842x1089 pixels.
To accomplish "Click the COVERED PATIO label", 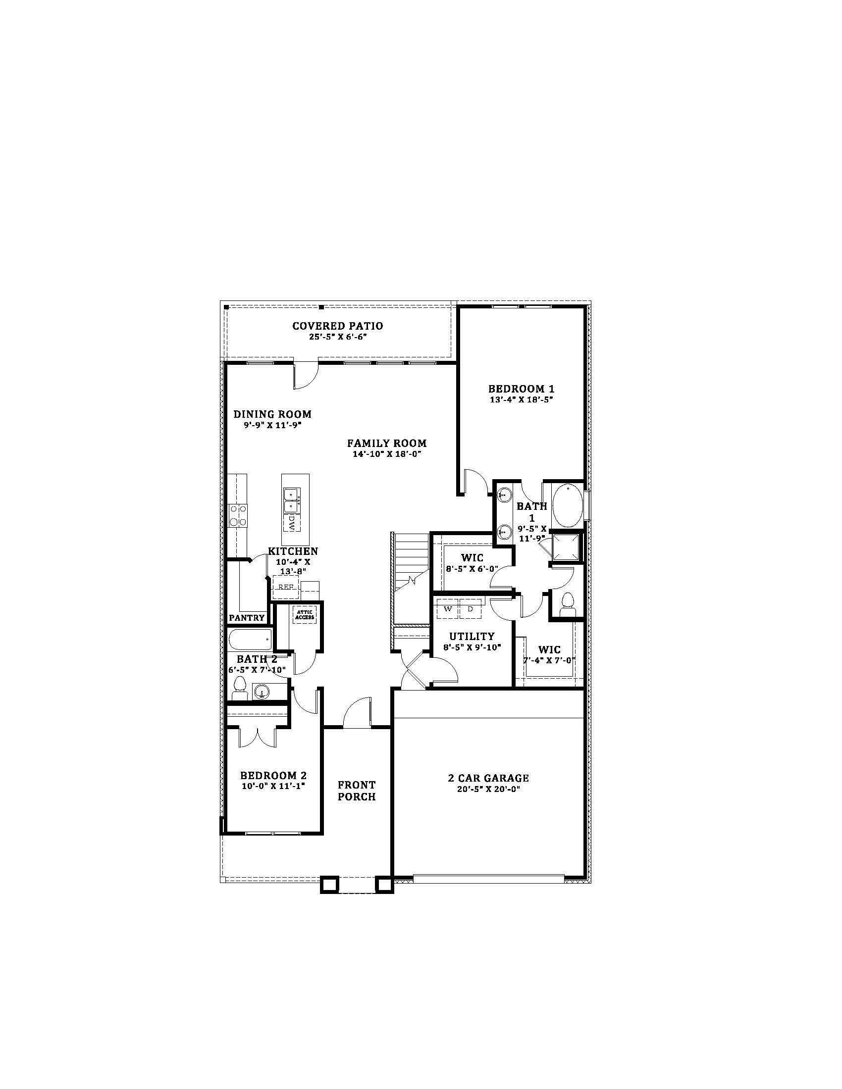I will (x=338, y=326).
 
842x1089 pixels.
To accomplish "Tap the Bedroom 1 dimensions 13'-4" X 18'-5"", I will (x=521, y=399).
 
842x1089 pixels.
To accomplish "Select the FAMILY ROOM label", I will (x=387, y=443).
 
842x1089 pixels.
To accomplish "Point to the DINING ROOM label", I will (x=272, y=414).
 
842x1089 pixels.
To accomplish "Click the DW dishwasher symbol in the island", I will (x=292, y=523).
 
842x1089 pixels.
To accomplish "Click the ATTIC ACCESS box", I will (x=305, y=615).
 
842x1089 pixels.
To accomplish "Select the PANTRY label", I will (x=247, y=618).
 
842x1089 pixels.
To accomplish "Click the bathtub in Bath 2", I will (x=250, y=639).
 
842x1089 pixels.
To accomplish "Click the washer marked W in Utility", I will (x=447, y=609).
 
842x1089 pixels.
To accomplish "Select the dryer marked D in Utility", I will (x=470, y=609).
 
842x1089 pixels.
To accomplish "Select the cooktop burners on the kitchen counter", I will (x=237, y=515).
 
